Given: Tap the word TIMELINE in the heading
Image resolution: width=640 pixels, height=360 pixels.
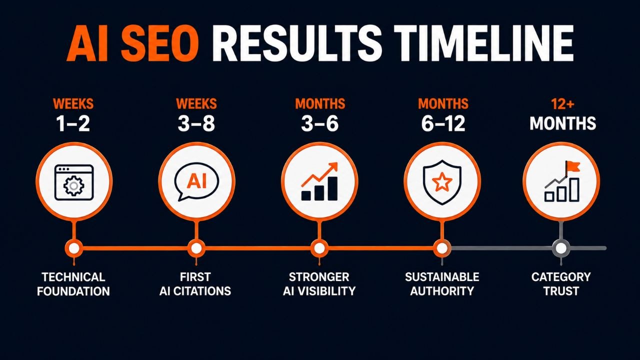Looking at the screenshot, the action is coord(485,43).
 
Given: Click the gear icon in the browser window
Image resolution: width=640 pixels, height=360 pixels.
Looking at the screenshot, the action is coord(73,185).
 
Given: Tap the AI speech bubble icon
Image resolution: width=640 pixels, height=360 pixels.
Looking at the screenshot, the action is coord(196,181).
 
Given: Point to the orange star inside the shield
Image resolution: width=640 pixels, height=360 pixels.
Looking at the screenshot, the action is coord(442,181).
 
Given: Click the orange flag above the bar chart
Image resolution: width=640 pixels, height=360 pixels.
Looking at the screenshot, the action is coord(573,166).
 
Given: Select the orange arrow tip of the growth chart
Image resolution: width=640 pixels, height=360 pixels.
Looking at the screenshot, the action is coord(333,166).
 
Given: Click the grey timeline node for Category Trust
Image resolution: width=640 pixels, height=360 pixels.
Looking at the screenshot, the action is coord(561,248).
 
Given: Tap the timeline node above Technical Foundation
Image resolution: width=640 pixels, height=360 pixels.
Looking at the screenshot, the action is coord(74,248).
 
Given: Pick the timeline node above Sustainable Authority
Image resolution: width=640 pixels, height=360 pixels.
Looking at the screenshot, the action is coord(442,248).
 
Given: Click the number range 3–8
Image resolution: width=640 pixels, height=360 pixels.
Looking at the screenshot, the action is coord(196,123).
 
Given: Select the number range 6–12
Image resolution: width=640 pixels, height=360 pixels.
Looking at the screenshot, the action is coord(443,123).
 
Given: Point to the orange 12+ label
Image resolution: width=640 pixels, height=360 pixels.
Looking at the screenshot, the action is coord(562,104).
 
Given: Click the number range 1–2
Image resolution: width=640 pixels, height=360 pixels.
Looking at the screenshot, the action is coord(73,123).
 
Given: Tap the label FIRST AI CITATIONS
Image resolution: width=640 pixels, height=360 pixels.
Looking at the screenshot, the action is coord(195,284).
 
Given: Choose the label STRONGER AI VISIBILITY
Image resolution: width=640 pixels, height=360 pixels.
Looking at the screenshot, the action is coord(319,284).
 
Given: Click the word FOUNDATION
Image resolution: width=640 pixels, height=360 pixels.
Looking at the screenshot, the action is coord(73,291).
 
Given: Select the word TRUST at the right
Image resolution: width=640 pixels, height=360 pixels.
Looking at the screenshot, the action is coord(561,291).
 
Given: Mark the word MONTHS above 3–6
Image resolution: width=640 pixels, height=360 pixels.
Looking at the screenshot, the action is coord(320,104).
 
